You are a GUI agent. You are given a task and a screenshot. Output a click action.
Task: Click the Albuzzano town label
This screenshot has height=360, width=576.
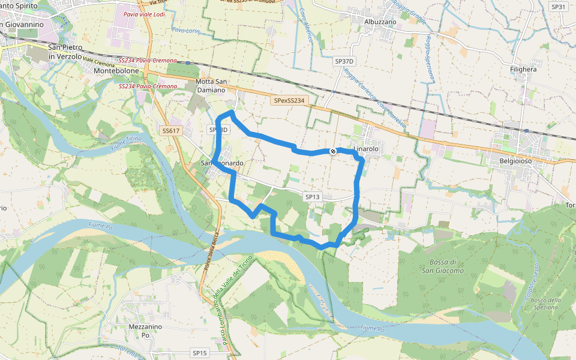tap(380, 21)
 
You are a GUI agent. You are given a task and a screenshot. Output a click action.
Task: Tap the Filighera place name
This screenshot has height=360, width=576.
tap(523, 70)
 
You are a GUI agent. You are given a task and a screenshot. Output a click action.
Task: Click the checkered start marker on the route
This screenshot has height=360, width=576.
tap(332, 151)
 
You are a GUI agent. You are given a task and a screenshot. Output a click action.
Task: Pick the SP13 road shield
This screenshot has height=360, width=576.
tap(313, 197)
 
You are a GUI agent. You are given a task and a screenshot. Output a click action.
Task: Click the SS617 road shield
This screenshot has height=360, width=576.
tap(171, 131)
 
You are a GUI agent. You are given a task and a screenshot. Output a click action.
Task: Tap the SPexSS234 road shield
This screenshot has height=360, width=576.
tap(289, 101)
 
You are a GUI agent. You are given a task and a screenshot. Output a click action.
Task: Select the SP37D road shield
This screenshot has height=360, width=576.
tap(345, 61)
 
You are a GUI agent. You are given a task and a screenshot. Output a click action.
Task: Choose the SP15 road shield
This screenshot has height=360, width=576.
tap(200, 353)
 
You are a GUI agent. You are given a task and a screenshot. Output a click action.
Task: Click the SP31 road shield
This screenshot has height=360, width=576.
tap(558, 7)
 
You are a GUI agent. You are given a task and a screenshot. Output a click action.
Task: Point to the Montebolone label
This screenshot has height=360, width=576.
tap(116, 71)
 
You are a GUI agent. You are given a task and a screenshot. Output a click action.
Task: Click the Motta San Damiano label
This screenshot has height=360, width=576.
tap(211, 86)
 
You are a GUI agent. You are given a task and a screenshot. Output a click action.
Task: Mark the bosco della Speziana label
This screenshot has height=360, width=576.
tap(545, 304)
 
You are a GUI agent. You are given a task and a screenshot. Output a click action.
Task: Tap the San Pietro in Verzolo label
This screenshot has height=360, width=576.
tap(65, 52)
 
